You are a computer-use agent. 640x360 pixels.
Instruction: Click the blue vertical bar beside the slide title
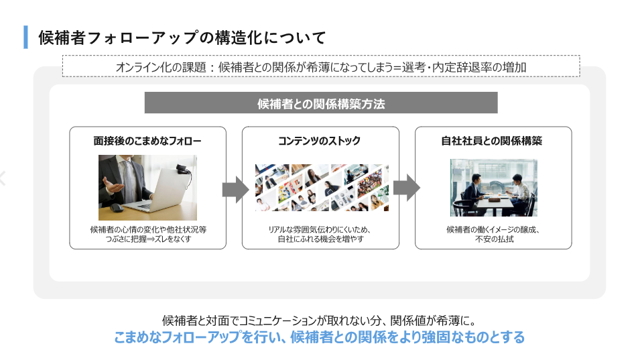[x=26, y=37]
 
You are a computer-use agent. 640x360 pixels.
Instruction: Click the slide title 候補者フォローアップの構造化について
[x=182, y=38]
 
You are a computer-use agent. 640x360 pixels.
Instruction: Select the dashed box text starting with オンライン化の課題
[x=321, y=67]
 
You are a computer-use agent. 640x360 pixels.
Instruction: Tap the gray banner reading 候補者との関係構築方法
[x=321, y=103]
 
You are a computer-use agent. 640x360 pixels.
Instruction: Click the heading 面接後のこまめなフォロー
[x=147, y=141]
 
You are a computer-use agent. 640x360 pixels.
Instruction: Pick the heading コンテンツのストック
[x=319, y=141]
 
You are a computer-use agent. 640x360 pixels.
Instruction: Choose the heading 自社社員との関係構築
[x=491, y=141]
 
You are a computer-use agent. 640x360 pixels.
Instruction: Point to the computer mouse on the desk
[x=117, y=208]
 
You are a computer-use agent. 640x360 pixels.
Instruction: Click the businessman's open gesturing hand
[x=112, y=187]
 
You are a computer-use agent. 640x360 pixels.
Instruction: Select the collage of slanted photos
[x=322, y=188]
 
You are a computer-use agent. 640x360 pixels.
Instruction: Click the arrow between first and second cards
[x=235, y=190]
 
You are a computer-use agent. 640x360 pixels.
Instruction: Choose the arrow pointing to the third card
[x=407, y=188]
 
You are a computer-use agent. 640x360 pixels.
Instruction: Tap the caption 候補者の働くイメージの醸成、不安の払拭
[x=493, y=234]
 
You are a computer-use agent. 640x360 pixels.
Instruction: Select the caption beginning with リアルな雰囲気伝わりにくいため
[x=320, y=234]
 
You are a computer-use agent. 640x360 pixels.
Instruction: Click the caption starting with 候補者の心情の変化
[x=148, y=234]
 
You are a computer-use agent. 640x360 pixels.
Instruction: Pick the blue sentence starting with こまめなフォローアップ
[x=319, y=337]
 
